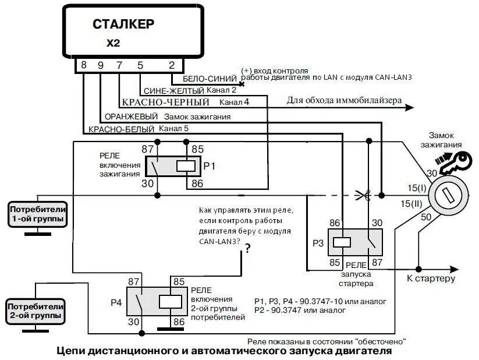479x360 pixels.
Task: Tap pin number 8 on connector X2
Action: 84,65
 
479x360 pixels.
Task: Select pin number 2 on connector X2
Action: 172,65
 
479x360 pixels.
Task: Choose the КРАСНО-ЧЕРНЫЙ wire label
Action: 165,103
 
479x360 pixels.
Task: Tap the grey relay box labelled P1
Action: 173,166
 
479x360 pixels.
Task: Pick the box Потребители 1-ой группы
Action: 37,214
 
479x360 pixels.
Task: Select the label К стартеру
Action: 431,279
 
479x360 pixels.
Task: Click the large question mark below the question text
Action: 247,249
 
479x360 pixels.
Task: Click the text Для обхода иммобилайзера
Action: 344,100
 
